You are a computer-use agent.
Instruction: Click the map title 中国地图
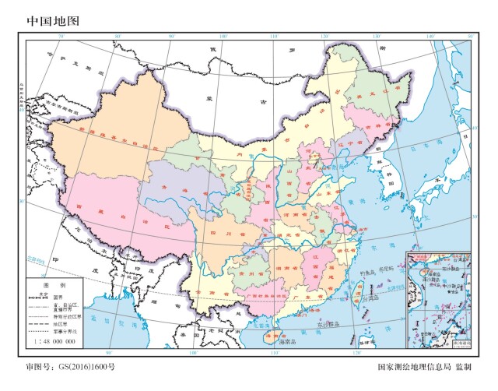point(54,21)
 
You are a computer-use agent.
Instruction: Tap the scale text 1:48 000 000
point(54,341)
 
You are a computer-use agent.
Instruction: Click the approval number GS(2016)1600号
point(70,365)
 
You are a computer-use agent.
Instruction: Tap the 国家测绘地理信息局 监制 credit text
point(424,365)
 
